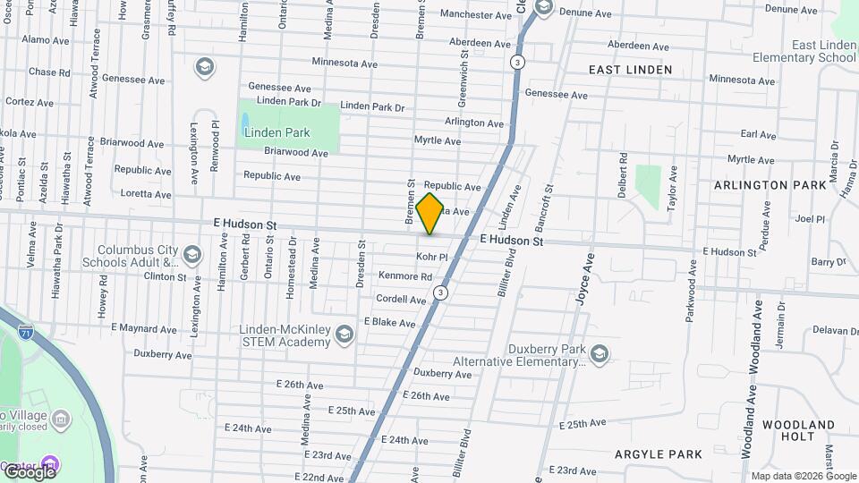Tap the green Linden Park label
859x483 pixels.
(276, 132)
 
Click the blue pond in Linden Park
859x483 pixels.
(245, 121)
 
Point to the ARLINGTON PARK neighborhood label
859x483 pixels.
(770, 185)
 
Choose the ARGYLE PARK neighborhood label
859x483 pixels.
(659, 454)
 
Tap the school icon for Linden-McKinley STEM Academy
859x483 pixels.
(344, 335)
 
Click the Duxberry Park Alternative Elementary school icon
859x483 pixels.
(599, 355)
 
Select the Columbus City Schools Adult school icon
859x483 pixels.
(191, 257)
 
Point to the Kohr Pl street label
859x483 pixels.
(431, 257)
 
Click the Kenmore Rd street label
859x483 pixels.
(405, 276)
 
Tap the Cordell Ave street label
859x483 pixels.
(401, 299)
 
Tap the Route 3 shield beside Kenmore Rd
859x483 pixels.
(440, 293)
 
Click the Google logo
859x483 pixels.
(29, 471)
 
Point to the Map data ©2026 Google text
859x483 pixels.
(803, 476)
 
